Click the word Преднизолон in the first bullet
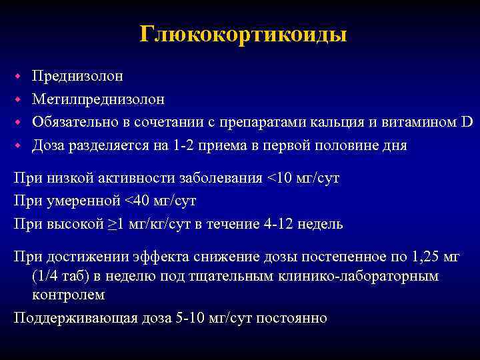[77, 76]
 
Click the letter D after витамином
[466, 122]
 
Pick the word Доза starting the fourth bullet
[49, 145]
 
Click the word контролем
[68, 295]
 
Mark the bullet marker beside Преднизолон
[20, 76]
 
